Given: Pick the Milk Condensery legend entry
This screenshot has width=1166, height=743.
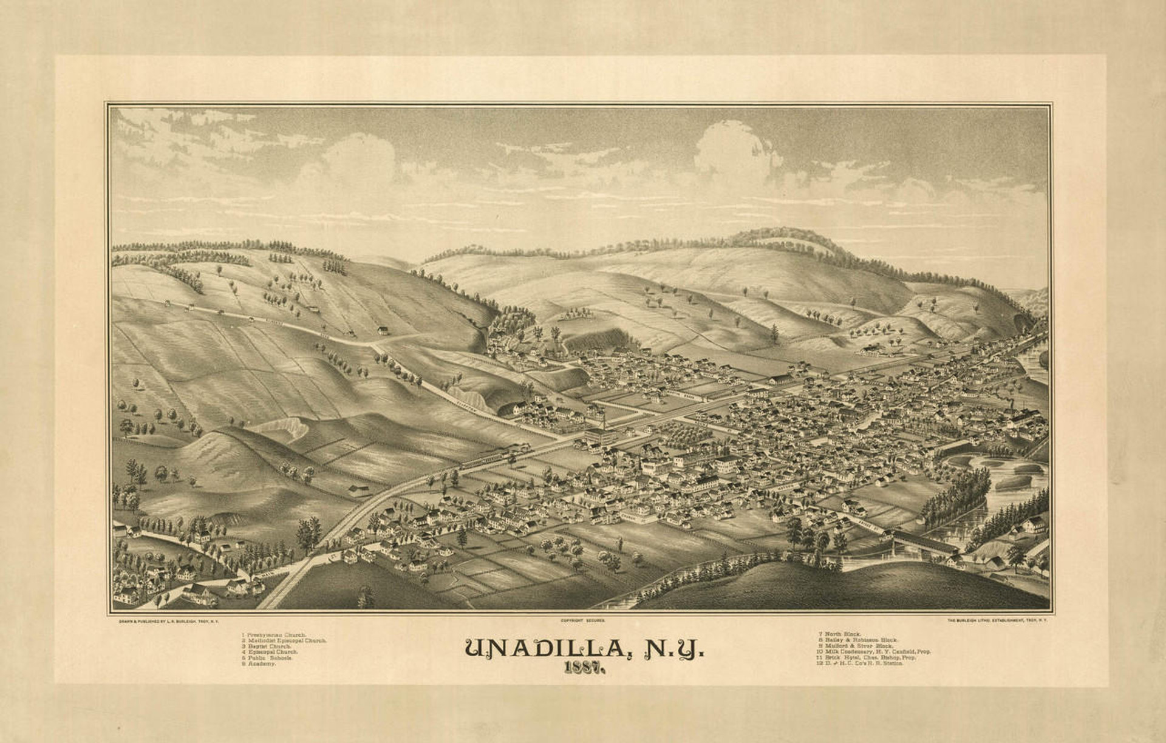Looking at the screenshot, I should [x=874, y=652].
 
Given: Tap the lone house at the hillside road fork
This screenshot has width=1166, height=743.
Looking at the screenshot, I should [x=383, y=330].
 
